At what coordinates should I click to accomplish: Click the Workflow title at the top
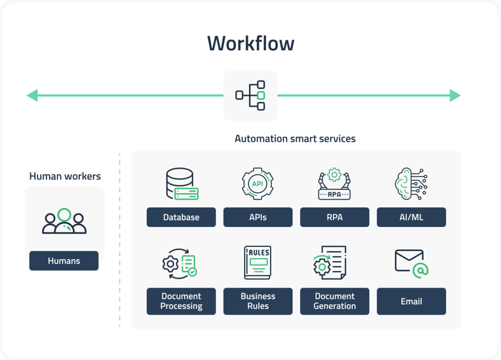click(x=250, y=44)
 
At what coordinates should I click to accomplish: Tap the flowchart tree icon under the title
click(x=250, y=95)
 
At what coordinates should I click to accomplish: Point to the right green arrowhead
click(x=455, y=95)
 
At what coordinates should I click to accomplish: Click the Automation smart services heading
click(x=295, y=139)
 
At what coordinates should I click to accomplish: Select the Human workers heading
click(x=65, y=176)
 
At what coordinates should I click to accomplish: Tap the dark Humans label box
click(x=64, y=261)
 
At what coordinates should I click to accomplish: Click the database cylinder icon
click(x=182, y=184)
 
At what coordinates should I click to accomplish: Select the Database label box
click(x=182, y=217)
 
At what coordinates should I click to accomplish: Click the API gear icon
click(x=258, y=184)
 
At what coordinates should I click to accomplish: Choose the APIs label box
click(x=258, y=217)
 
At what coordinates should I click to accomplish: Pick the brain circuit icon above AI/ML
click(x=411, y=184)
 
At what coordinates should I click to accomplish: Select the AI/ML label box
click(x=411, y=217)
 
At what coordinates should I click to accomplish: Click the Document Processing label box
click(x=182, y=301)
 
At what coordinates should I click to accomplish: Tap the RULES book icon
click(x=258, y=263)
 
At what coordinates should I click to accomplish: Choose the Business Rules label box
click(x=258, y=301)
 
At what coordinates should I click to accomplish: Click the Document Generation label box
click(x=335, y=301)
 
